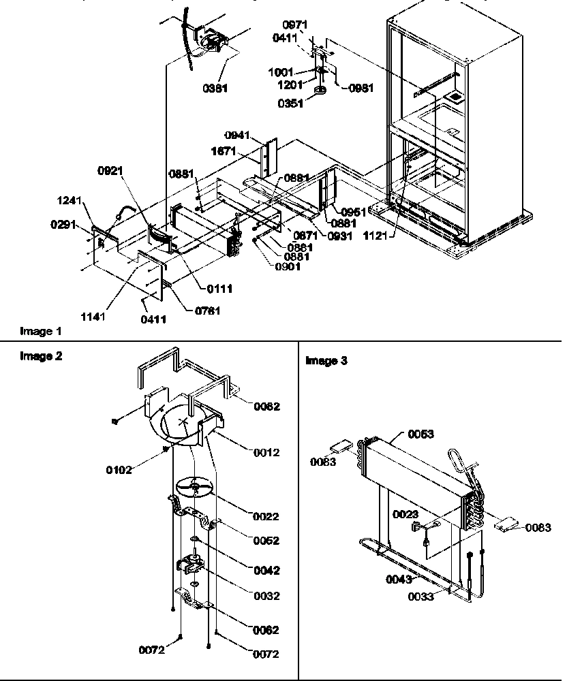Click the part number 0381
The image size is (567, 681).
click(x=215, y=88)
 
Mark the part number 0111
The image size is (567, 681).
click(x=221, y=289)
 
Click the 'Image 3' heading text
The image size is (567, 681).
click(x=326, y=361)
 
